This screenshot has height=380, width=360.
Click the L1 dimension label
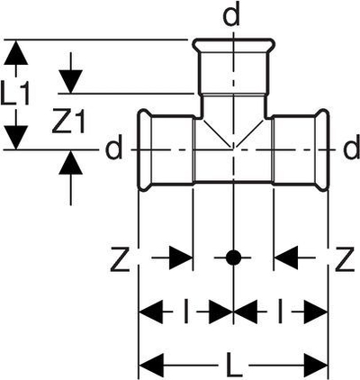click(15, 94)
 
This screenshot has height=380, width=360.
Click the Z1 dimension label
click(68, 121)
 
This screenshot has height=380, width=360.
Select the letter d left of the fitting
click(114, 148)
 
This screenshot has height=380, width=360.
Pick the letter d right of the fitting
click(352, 148)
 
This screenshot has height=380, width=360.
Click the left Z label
click(120, 258)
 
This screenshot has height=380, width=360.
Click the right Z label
click(345, 258)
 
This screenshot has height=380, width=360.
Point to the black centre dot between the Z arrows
click(233, 258)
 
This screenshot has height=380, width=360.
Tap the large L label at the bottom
click(233, 366)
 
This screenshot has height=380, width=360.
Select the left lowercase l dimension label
click(186, 312)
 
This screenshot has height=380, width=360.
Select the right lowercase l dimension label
click(280, 312)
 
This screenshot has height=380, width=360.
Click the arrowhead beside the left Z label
click(181, 258)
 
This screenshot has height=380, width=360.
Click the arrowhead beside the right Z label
click(286, 258)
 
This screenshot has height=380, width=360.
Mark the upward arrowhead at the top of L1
click(16, 52)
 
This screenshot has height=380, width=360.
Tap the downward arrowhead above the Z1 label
click(70, 82)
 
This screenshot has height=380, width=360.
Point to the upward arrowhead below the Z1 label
click(70, 162)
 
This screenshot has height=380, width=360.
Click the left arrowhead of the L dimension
click(151, 366)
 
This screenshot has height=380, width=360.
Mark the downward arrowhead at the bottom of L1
click(16, 137)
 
